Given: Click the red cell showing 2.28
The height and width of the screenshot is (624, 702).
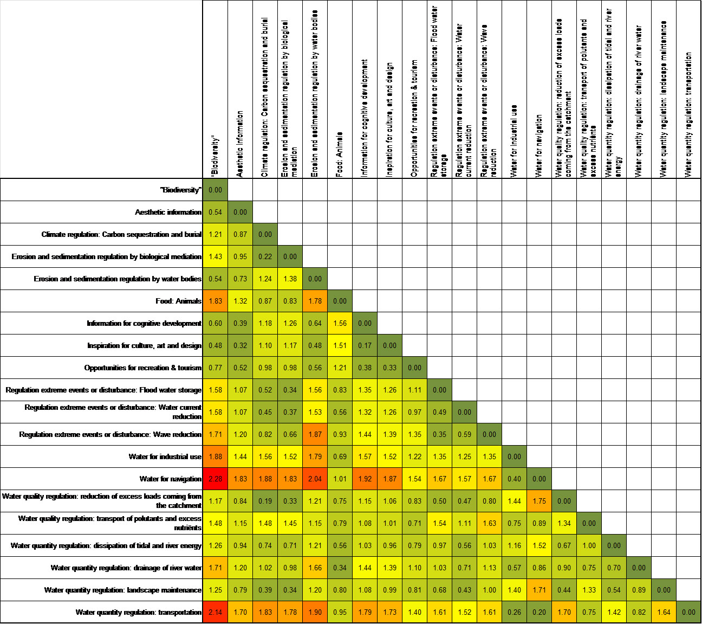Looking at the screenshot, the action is [x=215, y=479].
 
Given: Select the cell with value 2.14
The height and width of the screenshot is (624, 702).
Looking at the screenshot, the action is [x=215, y=612].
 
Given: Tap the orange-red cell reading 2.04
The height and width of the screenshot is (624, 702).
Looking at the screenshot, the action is [x=315, y=479].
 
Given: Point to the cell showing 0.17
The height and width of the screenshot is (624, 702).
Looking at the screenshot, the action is [x=365, y=345].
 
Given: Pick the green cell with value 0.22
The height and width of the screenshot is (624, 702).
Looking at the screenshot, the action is [x=265, y=256].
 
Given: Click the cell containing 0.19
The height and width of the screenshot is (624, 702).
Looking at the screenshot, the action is [x=265, y=501].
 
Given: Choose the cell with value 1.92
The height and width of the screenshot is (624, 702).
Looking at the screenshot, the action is [x=365, y=479].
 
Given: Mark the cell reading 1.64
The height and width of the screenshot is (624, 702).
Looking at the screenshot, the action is [x=664, y=612].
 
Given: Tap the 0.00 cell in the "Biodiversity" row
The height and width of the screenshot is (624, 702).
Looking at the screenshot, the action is [x=215, y=190].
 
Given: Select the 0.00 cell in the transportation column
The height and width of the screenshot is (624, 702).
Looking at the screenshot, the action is [x=689, y=612].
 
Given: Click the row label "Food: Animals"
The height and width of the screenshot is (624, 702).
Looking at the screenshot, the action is [x=178, y=301].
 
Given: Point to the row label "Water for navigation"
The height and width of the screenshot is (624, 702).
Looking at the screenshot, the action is [x=171, y=479].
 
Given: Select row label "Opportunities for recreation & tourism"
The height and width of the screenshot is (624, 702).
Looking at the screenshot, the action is [x=143, y=368].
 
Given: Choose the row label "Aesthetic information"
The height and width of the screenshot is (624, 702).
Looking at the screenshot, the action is [x=168, y=213].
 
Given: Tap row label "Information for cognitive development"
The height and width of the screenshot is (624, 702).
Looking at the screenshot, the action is [x=144, y=323].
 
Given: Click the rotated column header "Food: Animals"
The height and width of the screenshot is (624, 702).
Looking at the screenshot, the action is [x=340, y=155].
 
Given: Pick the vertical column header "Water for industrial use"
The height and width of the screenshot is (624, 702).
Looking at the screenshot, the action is [x=514, y=141].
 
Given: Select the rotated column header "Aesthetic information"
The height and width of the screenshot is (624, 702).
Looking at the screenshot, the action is [x=240, y=144].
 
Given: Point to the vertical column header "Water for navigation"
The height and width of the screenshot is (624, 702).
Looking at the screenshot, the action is [x=539, y=146].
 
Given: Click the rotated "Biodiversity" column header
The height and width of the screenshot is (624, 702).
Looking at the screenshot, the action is [x=215, y=156].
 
